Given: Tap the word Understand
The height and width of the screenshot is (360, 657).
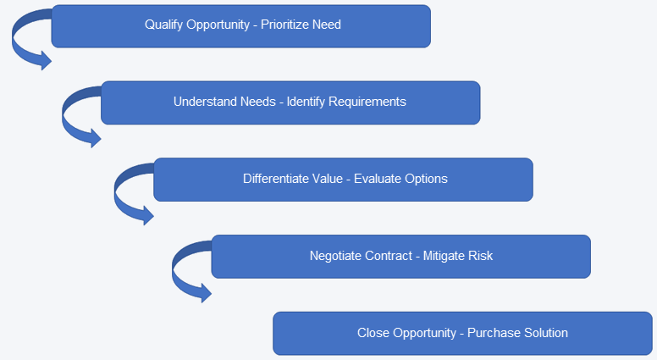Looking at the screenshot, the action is click(204, 102).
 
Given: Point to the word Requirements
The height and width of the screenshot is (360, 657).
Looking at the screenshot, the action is click(367, 102).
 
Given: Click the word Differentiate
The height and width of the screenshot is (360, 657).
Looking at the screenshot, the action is click(273, 179).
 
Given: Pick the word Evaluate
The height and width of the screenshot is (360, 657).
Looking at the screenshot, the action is click(377, 179).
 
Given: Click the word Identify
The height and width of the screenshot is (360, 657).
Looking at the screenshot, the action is click(306, 102).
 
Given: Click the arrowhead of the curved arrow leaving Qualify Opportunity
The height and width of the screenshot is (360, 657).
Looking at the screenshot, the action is click(46, 61).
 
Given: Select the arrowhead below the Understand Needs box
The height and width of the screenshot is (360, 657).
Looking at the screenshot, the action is click(96, 138).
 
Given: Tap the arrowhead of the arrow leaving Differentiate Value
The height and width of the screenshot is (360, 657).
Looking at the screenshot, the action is click(148, 216).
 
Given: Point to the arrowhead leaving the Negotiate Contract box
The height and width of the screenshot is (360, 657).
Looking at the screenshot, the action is click(206, 293).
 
